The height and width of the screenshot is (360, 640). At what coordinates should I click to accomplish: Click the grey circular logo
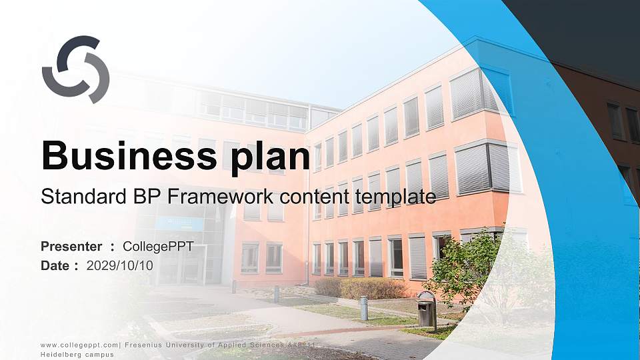point(75,69)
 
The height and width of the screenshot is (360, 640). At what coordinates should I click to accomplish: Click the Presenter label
point(71,247)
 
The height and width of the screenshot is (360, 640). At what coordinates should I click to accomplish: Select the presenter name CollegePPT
point(159,247)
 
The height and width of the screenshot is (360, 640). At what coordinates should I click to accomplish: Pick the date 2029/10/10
point(120,265)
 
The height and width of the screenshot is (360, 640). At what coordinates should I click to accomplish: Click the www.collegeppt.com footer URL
point(79,345)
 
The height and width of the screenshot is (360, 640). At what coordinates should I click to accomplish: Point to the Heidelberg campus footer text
point(77,355)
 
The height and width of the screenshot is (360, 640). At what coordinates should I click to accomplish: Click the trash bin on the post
point(425,312)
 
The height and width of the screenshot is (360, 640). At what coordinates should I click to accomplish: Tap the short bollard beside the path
point(363,308)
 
